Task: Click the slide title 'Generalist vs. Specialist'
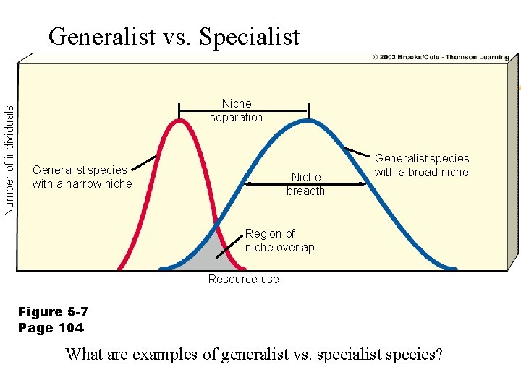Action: [174, 36]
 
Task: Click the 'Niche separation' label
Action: [237, 110]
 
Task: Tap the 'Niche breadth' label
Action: [305, 184]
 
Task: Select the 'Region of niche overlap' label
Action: [279, 240]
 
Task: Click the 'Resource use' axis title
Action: [243, 279]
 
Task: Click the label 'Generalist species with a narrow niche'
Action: [82, 177]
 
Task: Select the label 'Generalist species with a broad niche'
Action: [422, 165]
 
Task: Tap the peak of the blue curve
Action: [308, 121]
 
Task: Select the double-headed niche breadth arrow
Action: [275, 184]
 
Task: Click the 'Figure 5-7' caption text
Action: [53, 312]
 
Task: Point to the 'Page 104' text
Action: [51, 328]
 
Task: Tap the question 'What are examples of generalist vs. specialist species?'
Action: [254, 355]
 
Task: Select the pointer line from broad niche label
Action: [357, 152]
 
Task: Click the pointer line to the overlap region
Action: [229, 246]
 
